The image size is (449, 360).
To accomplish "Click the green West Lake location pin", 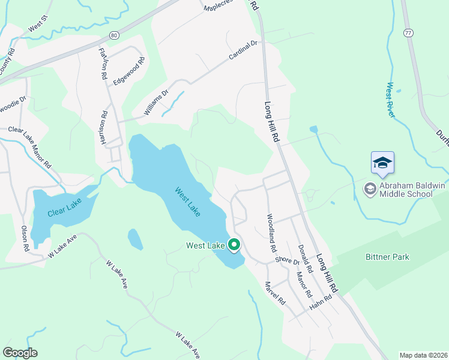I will point(234,245).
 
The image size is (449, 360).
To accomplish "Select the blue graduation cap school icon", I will point(382,163).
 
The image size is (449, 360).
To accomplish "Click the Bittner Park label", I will point(387,257).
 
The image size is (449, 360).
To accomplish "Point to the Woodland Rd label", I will point(271,232).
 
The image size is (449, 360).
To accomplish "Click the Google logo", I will point(20,353).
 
